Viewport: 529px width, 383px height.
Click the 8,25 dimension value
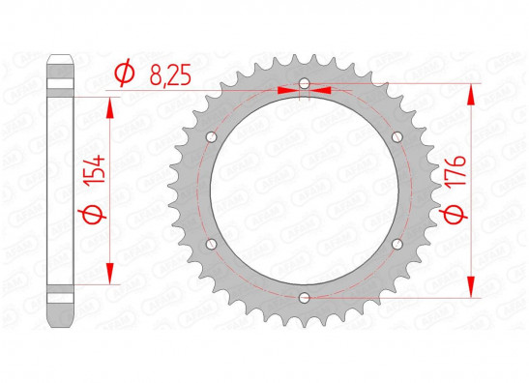170,74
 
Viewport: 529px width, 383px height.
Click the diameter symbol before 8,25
124,73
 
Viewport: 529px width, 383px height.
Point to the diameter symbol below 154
92,215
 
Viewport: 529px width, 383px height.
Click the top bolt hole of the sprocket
305,83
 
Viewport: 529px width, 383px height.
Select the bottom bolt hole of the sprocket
305,298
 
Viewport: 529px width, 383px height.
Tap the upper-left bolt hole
212,137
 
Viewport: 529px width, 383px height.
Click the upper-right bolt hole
397,137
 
